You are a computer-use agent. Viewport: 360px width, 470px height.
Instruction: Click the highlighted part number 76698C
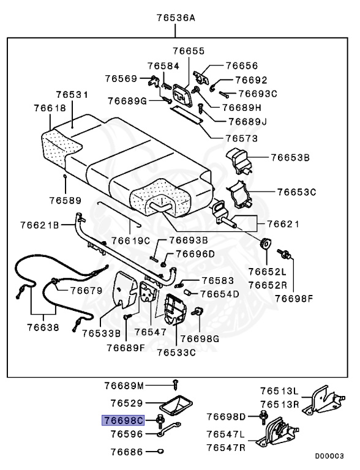pos(123,420)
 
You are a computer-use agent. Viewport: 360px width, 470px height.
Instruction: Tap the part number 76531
pos(72,95)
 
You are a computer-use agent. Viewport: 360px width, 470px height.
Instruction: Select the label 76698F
pos(293,299)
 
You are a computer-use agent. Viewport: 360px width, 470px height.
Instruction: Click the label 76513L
pos(279,390)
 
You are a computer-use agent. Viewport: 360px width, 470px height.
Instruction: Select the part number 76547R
pos(226,447)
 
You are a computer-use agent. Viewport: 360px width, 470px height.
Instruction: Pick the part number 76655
pos(189,51)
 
